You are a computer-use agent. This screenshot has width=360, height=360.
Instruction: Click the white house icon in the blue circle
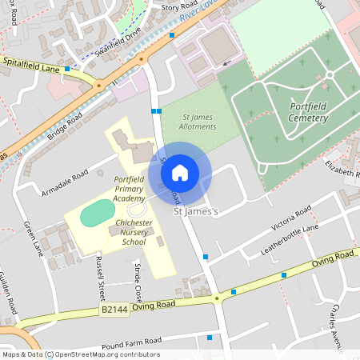coord(180,172)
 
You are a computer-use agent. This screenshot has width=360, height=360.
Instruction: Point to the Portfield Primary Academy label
coord(130,188)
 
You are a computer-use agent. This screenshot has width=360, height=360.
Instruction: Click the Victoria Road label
coord(291,218)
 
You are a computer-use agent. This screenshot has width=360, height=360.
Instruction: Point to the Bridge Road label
coord(65,128)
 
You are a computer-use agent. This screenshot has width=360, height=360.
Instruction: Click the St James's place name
coord(196,211)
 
